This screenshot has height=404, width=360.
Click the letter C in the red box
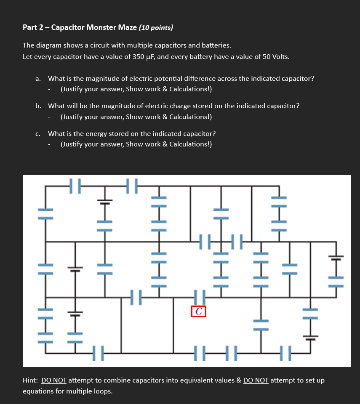199,311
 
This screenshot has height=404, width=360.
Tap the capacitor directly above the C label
199,297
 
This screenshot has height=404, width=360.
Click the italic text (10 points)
156,28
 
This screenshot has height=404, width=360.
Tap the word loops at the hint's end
104,391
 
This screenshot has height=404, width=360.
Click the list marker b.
38,106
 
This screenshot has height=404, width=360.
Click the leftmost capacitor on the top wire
75,186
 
